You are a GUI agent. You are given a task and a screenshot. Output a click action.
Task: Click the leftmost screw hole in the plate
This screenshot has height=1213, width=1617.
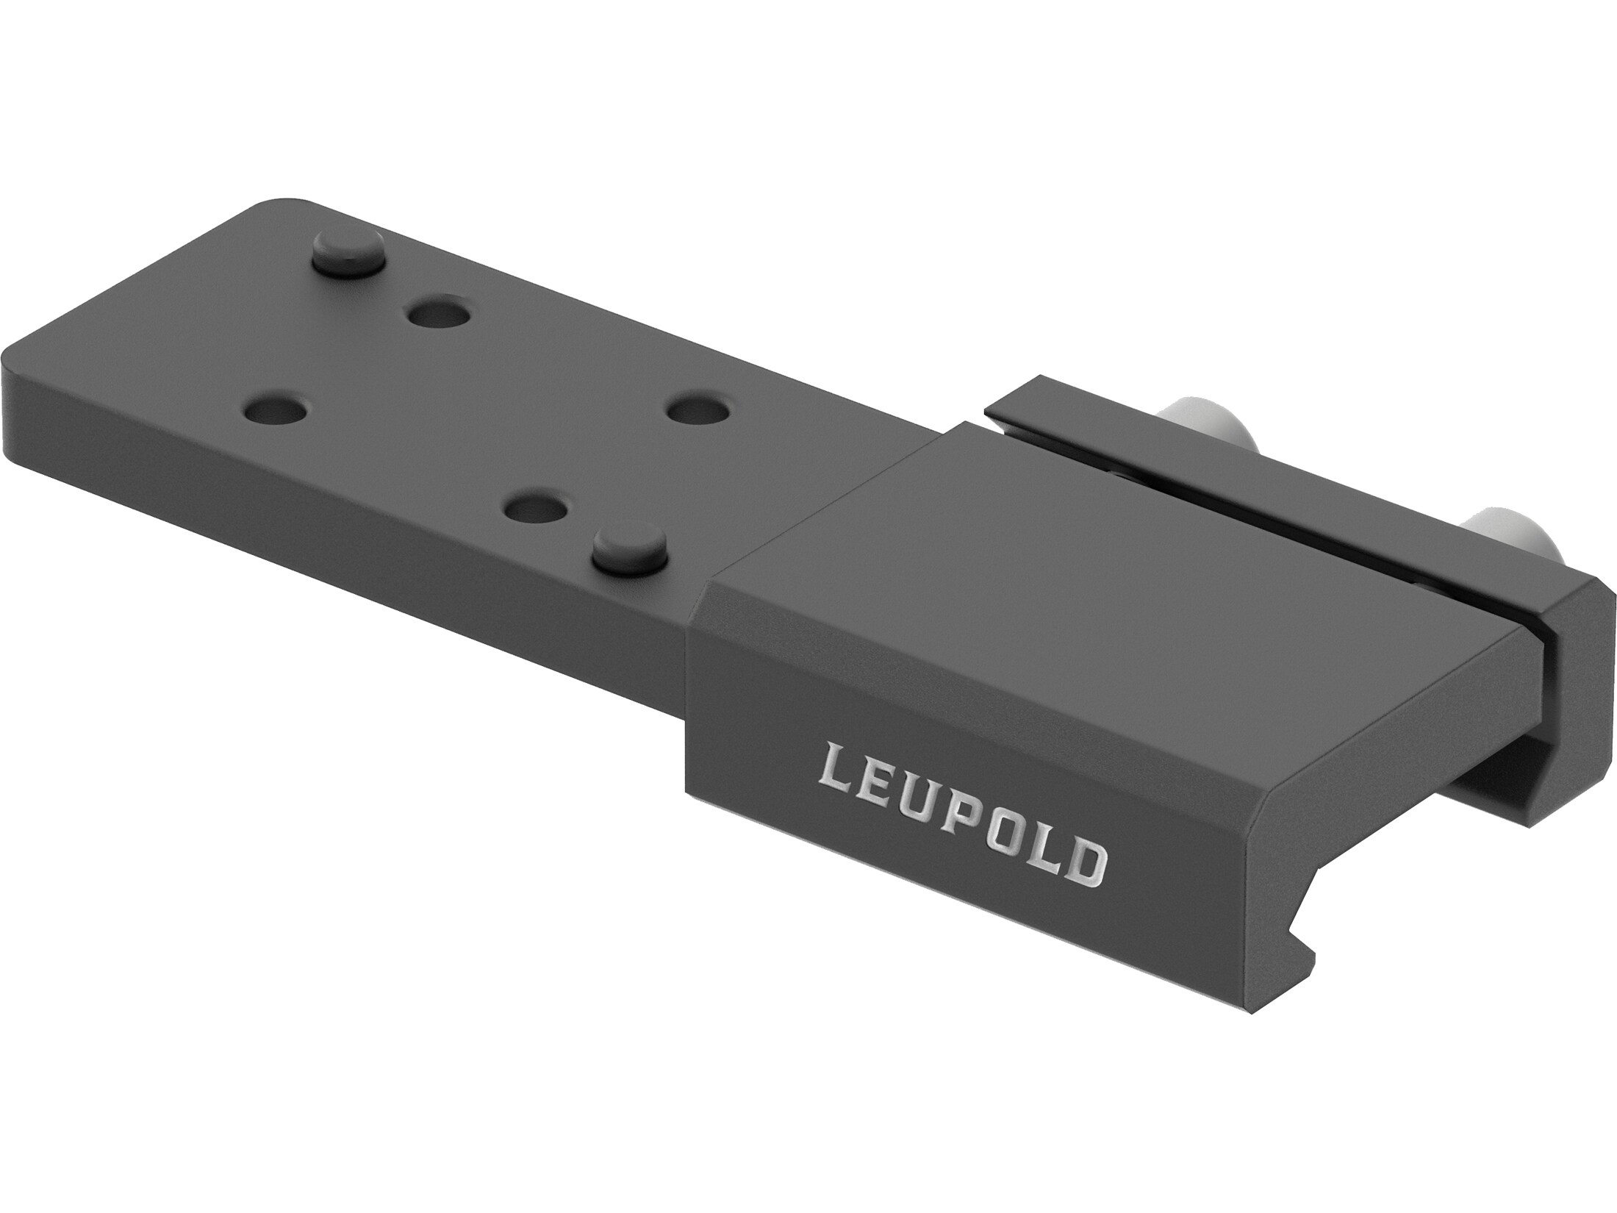274,412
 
